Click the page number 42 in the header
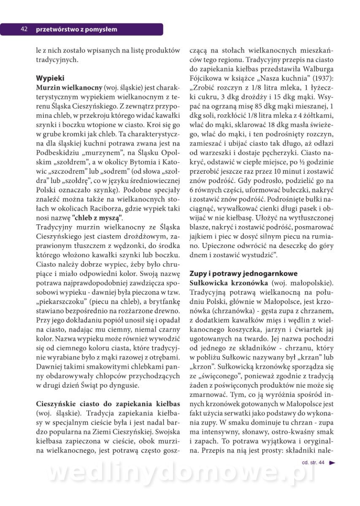24,29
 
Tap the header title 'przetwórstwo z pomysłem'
76,30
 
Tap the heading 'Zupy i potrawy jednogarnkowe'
244,273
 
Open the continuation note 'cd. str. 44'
313,463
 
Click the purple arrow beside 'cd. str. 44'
332,463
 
